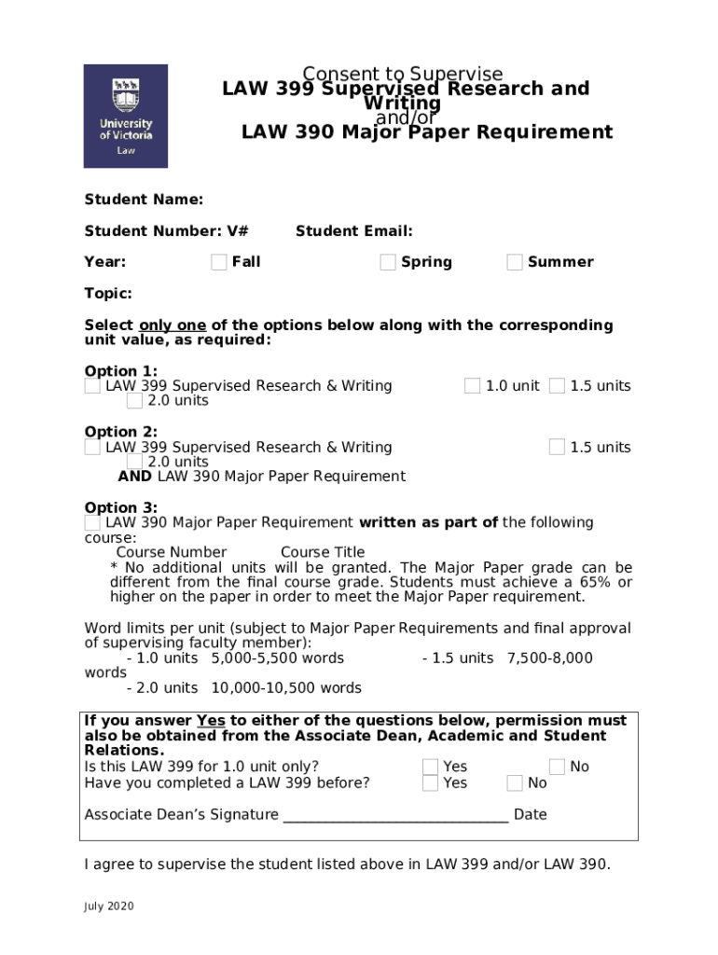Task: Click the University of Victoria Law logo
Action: point(126,116)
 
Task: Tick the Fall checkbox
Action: point(219,262)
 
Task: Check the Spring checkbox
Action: point(388,262)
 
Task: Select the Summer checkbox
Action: point(515,262)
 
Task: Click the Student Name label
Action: point(144,200)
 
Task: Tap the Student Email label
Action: point(353,231)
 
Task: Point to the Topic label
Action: point(108,294)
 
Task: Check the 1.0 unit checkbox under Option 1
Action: point(473,386)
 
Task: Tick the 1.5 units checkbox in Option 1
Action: point(557,386)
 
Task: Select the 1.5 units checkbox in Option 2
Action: point(557,448)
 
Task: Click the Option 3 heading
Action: point(121,508)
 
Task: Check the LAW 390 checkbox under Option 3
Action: point(93,523)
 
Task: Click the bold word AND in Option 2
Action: point(136,477)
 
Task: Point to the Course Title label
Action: point(323,552)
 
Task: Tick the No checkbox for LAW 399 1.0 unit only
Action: point(557,767)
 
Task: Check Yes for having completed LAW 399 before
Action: point(430,783)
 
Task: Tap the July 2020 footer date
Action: point(109,907)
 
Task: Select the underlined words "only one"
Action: point(173,325)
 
